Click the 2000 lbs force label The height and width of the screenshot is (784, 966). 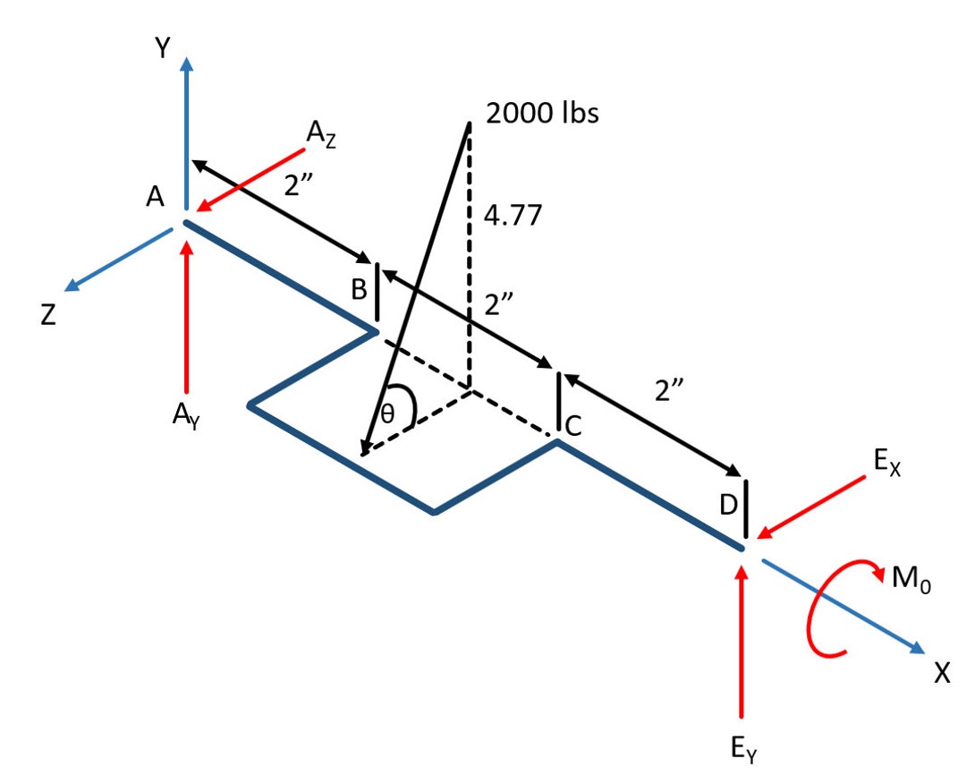[541, 114]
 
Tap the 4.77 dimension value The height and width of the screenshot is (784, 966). [513, 216]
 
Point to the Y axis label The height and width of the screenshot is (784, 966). [161, 48]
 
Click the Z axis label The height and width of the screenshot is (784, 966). [49, 316]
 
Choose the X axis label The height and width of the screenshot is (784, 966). [941, 673]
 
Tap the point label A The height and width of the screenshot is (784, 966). [156, 199]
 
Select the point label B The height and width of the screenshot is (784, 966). [357, 290]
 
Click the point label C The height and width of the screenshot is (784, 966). [574, 428]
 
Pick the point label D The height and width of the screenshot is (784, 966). [728, 506]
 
